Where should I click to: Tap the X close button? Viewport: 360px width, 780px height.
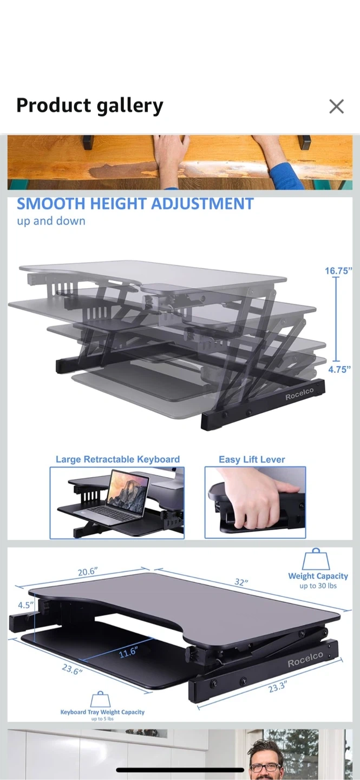pos(336,106)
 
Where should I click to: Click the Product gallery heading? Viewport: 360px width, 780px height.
pos(90,106)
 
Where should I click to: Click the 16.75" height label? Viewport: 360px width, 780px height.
pos(338,271)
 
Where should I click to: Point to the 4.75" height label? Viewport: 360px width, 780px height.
pos(339,369)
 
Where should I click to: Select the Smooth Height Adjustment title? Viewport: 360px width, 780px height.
pos(135,204)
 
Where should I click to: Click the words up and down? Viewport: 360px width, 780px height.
pos(51,221)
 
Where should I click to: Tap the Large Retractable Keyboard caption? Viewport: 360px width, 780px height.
pos(117,459)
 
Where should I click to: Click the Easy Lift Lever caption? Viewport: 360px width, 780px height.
pos(252,459)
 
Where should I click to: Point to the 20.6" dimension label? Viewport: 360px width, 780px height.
pos(87,572)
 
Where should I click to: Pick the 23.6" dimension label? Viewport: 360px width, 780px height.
pos(72,669)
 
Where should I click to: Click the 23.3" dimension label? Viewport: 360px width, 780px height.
pos(278,687)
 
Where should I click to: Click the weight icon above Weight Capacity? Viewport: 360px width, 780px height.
pos(316,559)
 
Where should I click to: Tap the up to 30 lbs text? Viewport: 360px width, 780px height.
pos(318,586)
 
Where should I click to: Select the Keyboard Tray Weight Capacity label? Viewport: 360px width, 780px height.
pos(102,712)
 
